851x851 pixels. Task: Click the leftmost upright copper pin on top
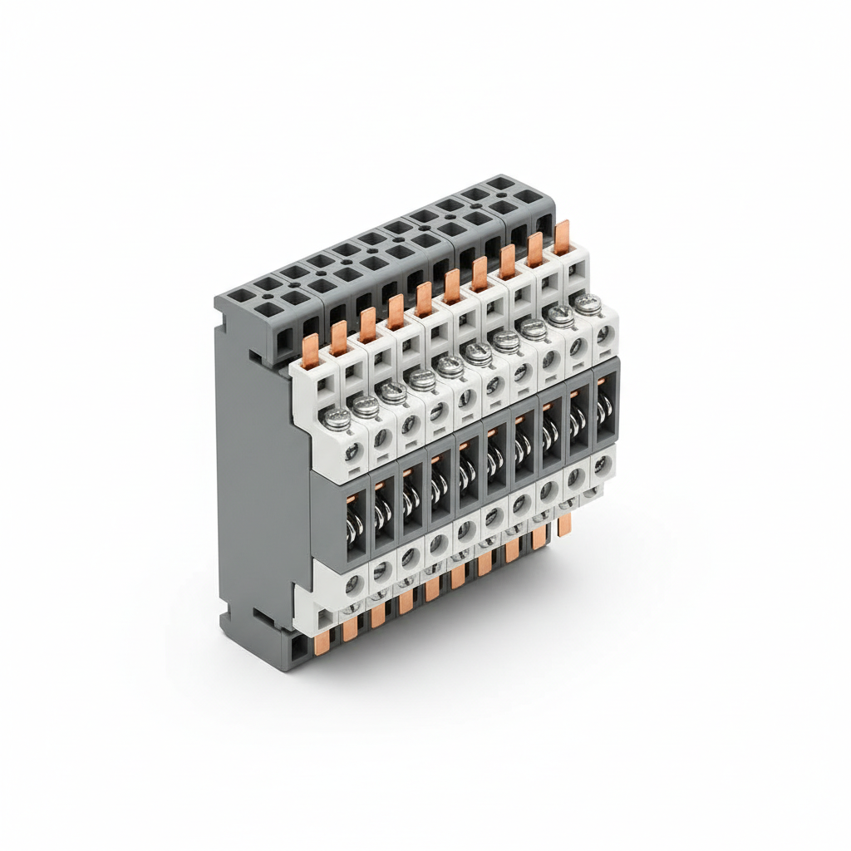pos(309,350)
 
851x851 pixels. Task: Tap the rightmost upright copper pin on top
pos(563,238)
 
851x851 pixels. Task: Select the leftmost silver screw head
pos(337,419)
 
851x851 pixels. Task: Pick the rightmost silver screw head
pos(588,304)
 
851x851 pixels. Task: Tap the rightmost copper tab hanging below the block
pos(565,524)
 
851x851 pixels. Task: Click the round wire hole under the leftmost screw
pos(352,451)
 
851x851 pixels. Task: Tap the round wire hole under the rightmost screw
pos(603,335)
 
